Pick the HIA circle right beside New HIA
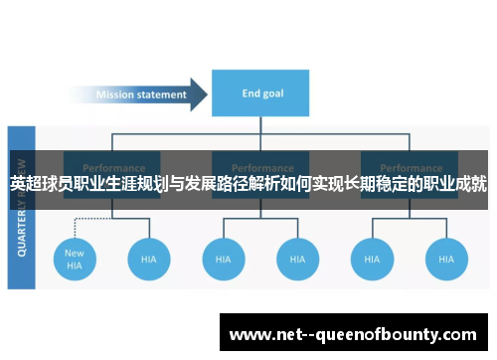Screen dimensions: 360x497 point(149,260)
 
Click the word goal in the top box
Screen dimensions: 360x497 point(272,94)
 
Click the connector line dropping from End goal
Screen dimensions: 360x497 point(262,126)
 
